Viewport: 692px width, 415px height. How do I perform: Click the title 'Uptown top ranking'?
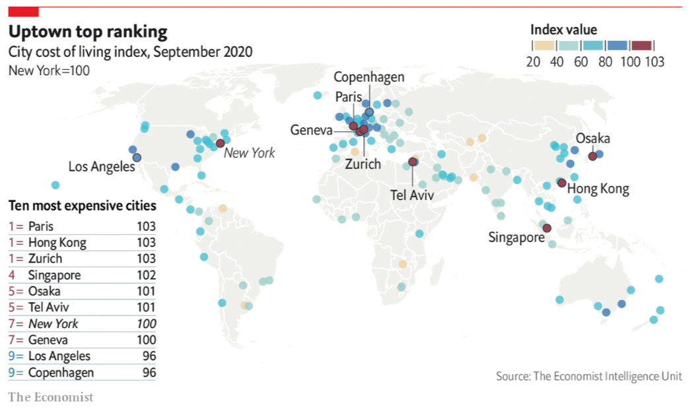pos(87,32)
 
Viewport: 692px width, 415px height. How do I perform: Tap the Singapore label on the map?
pos(516,238)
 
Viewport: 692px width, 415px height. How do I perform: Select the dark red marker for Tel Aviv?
pos(413,162)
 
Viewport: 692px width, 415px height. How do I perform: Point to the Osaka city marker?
pos(593,156)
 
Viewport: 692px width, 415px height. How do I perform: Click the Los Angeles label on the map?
pos(101,167)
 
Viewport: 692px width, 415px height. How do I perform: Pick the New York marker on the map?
pos(220,143)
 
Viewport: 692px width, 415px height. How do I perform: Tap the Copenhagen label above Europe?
pos(368,77)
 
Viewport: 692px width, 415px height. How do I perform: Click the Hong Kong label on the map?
pos(598,189)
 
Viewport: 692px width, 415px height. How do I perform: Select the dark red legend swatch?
pos(641,46)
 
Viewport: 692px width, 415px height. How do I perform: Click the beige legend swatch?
pos(544,46)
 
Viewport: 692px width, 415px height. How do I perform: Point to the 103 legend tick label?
pos(654,62)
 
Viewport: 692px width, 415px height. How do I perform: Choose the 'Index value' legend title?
pos(564,30)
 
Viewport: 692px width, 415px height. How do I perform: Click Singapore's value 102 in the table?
pos(146,275)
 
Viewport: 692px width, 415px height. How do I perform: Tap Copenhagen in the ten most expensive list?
pos(61,373)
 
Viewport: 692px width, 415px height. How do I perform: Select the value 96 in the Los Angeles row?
pos(149,356)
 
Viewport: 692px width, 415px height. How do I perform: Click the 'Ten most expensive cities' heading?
pos(82,206)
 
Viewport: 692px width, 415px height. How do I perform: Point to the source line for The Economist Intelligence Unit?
pos(589,376)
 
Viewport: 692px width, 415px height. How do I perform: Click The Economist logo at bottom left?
pos(51,397)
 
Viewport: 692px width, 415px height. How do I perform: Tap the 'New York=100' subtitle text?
pos(49,70)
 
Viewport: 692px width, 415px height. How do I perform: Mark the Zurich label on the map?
pos(363,164)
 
